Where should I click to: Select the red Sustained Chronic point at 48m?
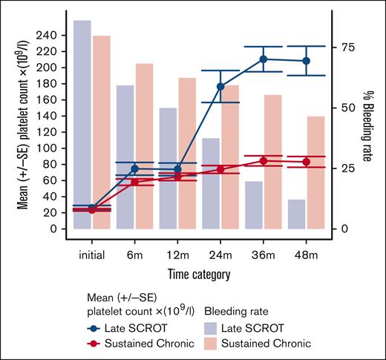(306, 162)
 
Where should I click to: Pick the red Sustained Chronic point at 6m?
(134, 181)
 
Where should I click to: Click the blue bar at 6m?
(125, 156)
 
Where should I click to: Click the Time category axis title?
(197, 274)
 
